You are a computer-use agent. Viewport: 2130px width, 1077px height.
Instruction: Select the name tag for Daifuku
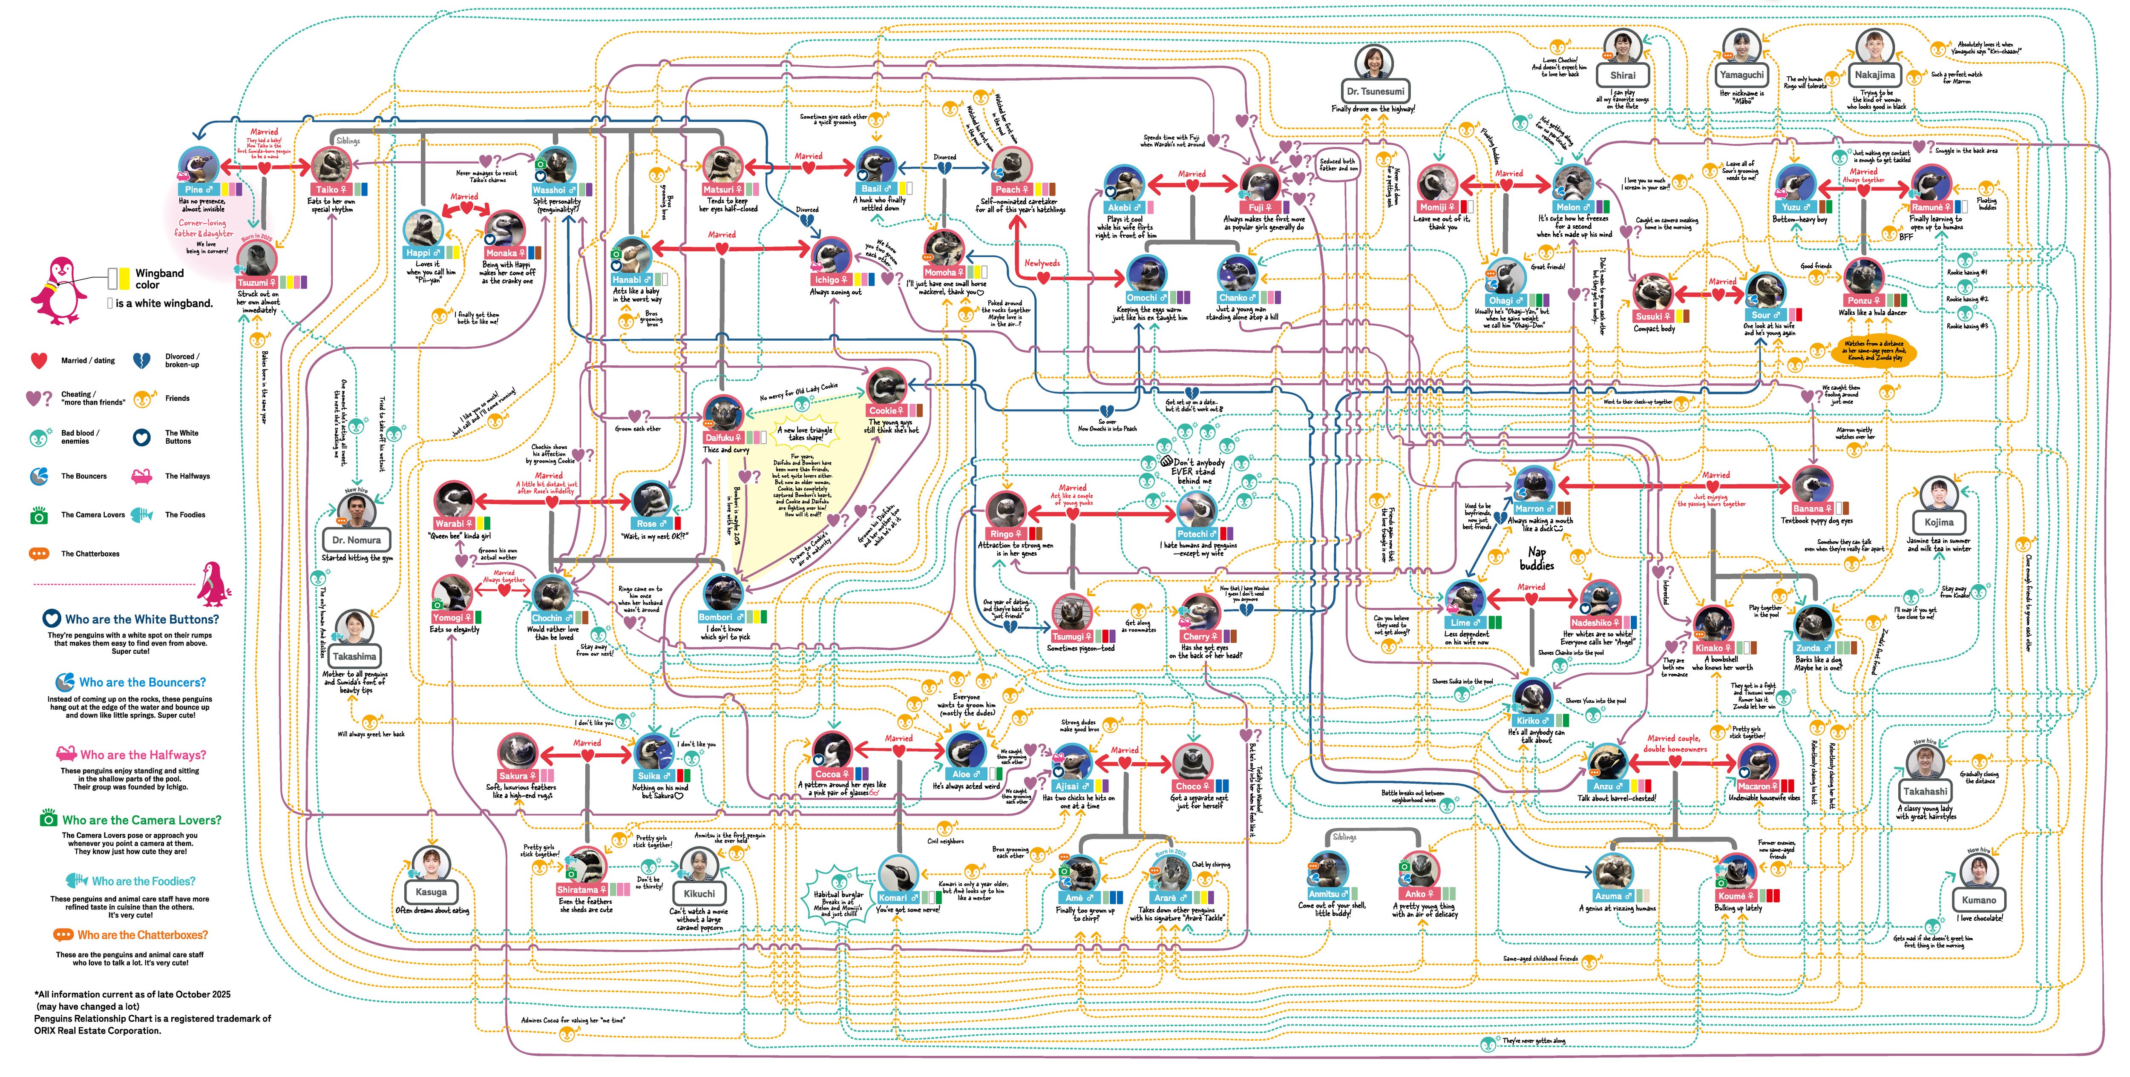pyautogui.click(x=722, y=437)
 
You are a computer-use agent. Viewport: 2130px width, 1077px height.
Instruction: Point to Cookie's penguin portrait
pyautogui.click(x=887, y=387)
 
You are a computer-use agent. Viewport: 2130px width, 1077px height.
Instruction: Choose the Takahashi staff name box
pyautogui.click(x=1925, y=791)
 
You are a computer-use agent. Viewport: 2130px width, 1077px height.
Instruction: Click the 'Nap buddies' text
pyautogui.click(x=1536, y=559)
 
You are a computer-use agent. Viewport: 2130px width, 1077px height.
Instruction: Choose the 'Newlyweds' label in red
pyautogui.click(x=1042, y=263)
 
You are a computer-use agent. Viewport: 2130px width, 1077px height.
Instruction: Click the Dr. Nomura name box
pyautogui.click(x=357, y=540)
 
